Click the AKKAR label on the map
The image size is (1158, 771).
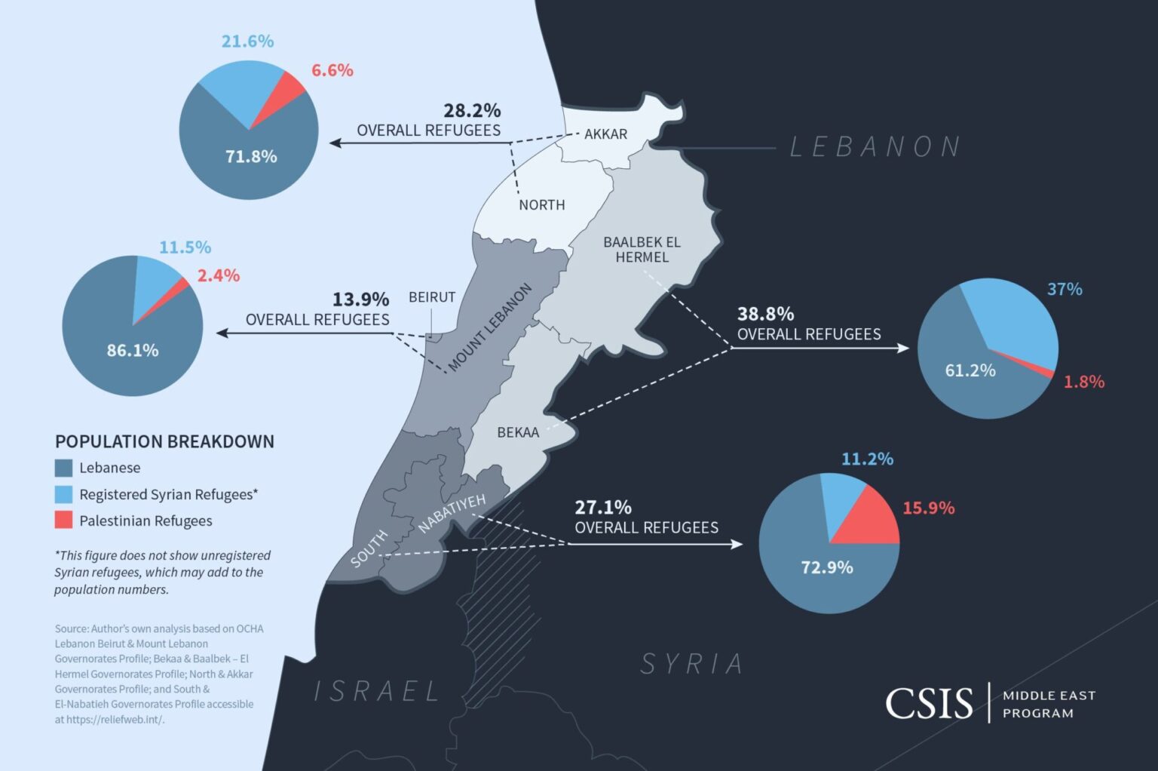(x=605, y=134)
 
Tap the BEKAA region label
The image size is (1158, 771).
(x=518, y=432)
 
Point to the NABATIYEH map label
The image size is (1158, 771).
(x=452, y=513)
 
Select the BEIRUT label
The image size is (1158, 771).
(x=432, y=297)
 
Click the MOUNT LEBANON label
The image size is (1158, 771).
(x=490, y=328)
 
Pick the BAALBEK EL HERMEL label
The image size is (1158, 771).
(x=642, y=250)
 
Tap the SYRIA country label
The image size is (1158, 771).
(x=692, y=664)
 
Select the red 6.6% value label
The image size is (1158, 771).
(x=332, y=70)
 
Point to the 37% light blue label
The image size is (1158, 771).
(x=1065, y=289)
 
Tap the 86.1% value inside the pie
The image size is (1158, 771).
(x=133, y=350)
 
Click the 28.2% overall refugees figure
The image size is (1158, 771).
(x=472, y=111)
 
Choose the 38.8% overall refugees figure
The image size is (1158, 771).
(x=765, y=314)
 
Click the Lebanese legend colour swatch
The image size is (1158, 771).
(x=64, y=468)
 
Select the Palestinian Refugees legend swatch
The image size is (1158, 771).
(x=64, y=521)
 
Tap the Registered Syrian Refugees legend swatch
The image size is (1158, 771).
(x=64, y=494)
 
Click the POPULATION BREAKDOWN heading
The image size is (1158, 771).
(x=164, y=441)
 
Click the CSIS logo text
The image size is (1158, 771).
(x=929, y=703)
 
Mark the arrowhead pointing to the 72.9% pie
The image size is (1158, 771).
(x=737, y=544)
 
